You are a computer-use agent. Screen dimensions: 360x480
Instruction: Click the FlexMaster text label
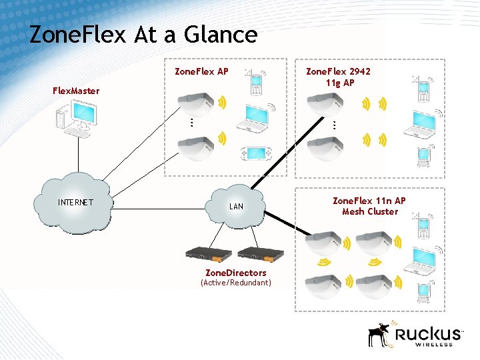point(77,91)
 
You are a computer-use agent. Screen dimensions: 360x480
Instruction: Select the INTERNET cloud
point(76,203)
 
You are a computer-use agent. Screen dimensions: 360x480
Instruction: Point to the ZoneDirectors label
point(235,273)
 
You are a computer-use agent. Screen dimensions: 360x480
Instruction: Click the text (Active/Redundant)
point(236,283)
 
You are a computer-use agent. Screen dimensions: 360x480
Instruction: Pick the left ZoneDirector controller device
point(209,253)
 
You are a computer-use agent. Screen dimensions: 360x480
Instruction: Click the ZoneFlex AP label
point(201,71)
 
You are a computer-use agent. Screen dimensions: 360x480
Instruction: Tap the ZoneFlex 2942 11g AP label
point(338,77)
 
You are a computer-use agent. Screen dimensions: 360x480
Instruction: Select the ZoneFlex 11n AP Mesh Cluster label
point(369,206)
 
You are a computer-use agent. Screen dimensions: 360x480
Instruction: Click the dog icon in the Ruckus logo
point(380,335)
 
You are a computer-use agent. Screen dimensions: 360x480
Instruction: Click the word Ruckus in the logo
point(427,333)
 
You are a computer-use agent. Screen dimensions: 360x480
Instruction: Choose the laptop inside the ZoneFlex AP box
point(257,116)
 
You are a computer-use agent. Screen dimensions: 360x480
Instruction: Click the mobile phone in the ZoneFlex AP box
point(256,83)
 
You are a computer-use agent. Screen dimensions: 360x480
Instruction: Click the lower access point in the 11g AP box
point(325,148)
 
